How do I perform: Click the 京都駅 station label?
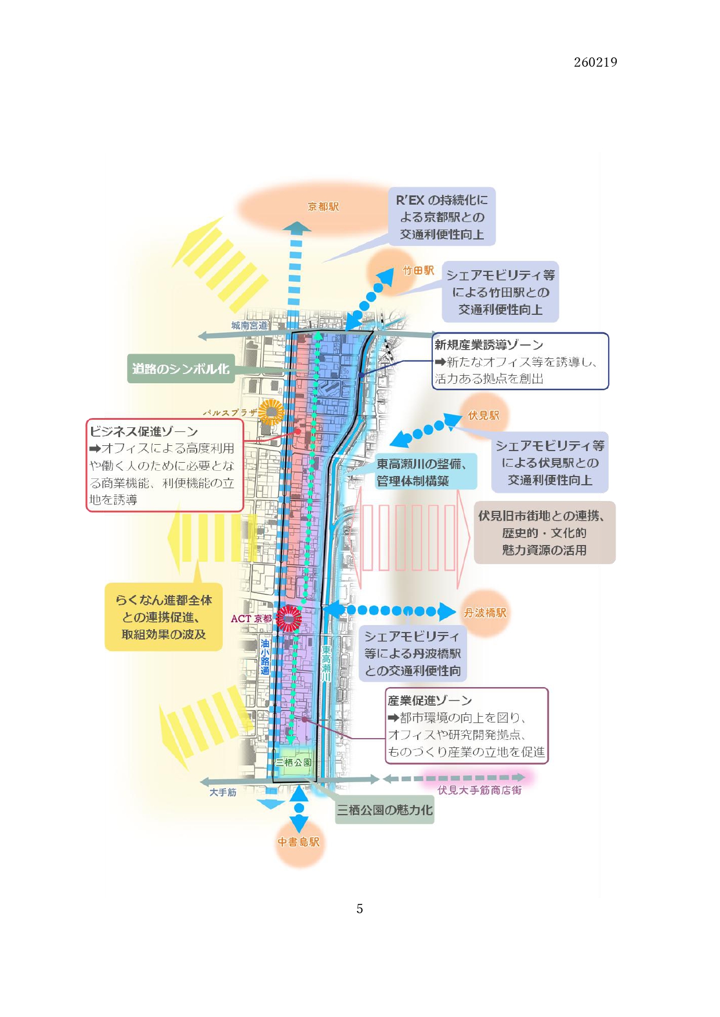click(x=323, y=207)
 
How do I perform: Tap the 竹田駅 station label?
click(x=418, y=271)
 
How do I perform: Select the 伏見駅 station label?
click(x=483, y=416)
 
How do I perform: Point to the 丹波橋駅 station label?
click(x=485, y=613)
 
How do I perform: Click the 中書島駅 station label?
click(x=298, y=842)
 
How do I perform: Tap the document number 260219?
click(x=595, y=63)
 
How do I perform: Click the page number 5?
click(x=360, y=909)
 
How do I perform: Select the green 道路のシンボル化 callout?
click(x=181, y=369)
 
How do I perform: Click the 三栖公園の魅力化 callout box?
click(x=385, y=811)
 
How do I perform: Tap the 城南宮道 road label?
click(x=249, y=326)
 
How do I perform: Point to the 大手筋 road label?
click(x=223, y=792)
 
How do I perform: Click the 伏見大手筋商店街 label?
click(x=479, y=790)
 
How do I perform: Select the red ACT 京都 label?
click(x=251, y=619)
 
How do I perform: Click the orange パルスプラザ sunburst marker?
click(x=271, y=412)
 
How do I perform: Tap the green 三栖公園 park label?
click(x=294, y=762)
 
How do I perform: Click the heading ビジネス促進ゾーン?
click(x=144, y=431)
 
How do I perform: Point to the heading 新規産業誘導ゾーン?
click(x=489, y=345)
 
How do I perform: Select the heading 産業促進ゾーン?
click(x=429, y=700)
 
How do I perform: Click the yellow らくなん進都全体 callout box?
click(x=164, y=617)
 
